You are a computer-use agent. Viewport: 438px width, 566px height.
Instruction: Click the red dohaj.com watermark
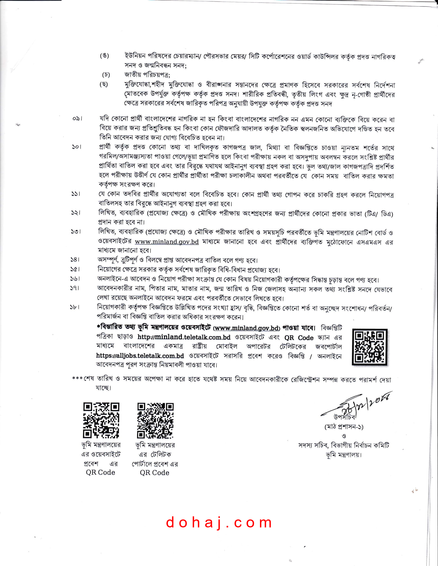219,522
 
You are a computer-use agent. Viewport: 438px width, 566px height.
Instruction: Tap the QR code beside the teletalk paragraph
369,347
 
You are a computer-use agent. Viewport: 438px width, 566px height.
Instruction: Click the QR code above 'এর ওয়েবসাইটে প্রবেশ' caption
101,420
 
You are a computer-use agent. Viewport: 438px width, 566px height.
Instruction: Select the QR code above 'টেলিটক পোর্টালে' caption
155,420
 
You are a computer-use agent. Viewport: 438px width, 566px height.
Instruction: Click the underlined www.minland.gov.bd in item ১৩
167,242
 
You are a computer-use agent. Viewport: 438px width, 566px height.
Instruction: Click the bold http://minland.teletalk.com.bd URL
184,337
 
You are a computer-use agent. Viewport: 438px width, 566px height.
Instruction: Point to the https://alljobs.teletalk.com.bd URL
140,356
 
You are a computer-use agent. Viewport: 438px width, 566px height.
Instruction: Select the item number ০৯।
77,119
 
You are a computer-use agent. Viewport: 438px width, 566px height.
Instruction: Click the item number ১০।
77,147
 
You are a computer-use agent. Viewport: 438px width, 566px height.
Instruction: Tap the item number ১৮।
75,307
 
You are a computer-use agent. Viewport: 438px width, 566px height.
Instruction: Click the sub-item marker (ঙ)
105,56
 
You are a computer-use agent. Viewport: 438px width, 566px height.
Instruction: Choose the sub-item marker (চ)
106,75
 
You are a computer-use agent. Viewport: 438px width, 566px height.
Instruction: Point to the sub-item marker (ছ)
104,84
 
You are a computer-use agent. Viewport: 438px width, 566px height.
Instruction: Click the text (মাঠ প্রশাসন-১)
344,427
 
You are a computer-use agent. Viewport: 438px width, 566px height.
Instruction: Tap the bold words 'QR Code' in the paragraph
299,338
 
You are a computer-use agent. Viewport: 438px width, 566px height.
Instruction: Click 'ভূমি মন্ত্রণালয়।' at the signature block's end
344,455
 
